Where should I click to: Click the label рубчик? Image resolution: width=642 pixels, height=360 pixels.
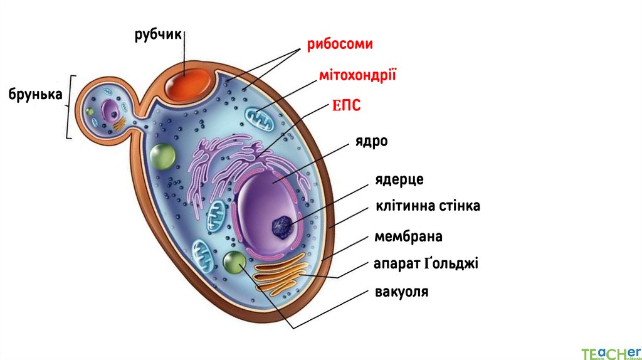click(157, 34)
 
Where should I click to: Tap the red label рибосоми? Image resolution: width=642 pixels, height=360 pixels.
click(339, 45)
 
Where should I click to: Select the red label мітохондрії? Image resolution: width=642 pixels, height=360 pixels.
click(358, 76)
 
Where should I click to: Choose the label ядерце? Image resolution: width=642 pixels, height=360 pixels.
click(399, 179)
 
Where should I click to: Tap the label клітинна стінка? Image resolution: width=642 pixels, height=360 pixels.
click(428, 206)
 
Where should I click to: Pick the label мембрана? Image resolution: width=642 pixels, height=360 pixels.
click(408, 236)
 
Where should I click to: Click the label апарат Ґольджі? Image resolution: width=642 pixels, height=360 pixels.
click(426, 263)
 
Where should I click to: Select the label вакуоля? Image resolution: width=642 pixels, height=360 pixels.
click(401, 292)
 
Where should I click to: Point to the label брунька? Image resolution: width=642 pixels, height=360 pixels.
click(35, 95)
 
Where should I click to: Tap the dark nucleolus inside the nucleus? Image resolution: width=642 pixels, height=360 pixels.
click(282, 225)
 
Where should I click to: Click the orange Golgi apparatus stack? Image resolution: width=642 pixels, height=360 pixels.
click(280, 275)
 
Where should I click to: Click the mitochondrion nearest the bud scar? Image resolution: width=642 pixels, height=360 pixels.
click(259, 119)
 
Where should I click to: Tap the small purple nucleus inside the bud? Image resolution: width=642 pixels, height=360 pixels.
click(112, 111)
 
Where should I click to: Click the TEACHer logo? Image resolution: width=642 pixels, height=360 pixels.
click(610, 352)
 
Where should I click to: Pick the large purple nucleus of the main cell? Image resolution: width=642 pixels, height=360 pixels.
click(266, 213)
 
